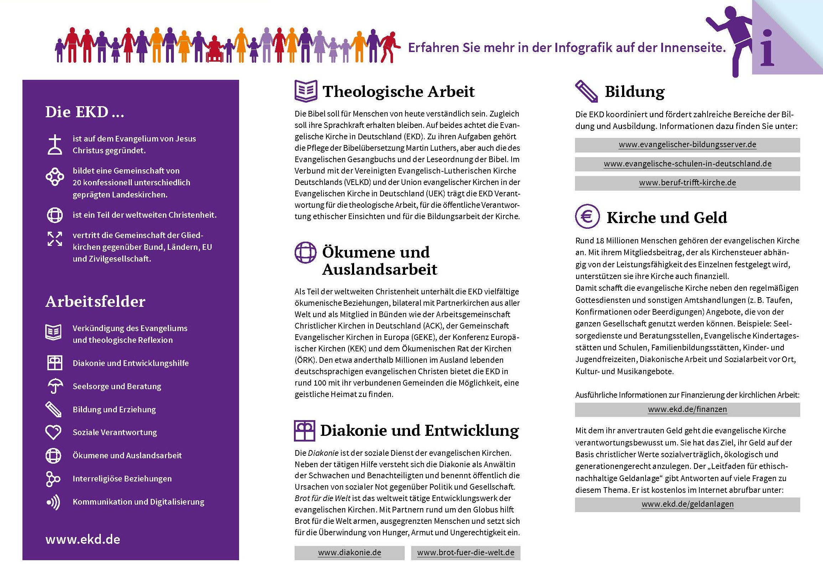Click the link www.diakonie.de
pyautogui.click(x=349, y=552)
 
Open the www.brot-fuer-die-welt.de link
pyautogui.click(x=465, y=552)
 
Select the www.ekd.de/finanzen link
pyautogui.click(x=687, y=409)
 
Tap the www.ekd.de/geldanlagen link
pyautogui.click(x=687, y=504)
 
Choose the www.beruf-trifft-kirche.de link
pyautogui.click(x=687, y=182)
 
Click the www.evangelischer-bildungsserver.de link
pyautogui.click(x=687, y=144)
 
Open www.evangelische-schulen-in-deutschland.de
pyautogui.click(x=687, y=164)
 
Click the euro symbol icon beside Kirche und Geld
pyautogui.click(x=587, y=217)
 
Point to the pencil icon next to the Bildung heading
pyautogui.click(x=586, y=91)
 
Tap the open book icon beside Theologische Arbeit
pyautogui.click(x=306, y=91)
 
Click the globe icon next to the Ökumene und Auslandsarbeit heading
pyautogui.click(x=305, y=252)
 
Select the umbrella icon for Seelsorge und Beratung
pyautogui.click(x=55, y=386)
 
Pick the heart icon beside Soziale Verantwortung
pyautogui.click(x=53, y=432)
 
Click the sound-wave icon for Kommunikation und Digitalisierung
pyautogui.click(x=53, y=502)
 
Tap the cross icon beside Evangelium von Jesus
pyautogui.click(x=55, y=144)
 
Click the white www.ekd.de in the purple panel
pyautogui.click(x=83, y=540)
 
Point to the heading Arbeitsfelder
pyautogui.click(x=95, y=301)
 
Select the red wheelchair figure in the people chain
pyautogui.click(x=213, y=50)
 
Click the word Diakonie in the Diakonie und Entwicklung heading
pyautogui.click(x=352, y=430)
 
